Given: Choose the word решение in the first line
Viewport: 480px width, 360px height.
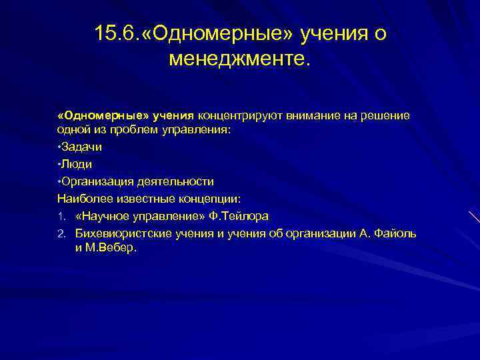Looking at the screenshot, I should pyautogui.click(x=387, y=116).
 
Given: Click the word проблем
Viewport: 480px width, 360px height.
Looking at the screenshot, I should pyautogui.click(x=139, y=131).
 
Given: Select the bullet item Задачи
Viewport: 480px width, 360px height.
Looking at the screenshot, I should pyautogui.click(x=82, y=147).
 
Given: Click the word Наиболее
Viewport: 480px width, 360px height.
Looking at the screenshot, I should pyautogui.click(x=81, y=198).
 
